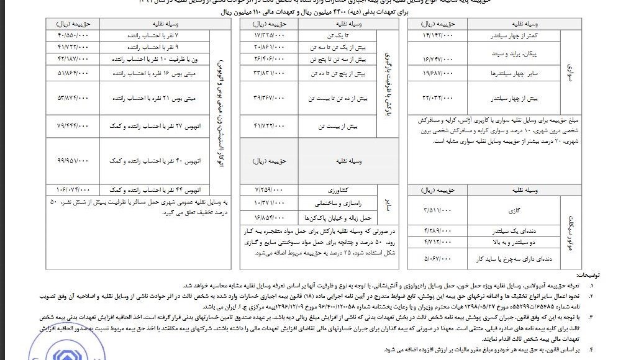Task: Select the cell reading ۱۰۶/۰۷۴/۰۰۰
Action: coord(73,189)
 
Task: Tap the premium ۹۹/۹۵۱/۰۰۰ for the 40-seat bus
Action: coord(73,160)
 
